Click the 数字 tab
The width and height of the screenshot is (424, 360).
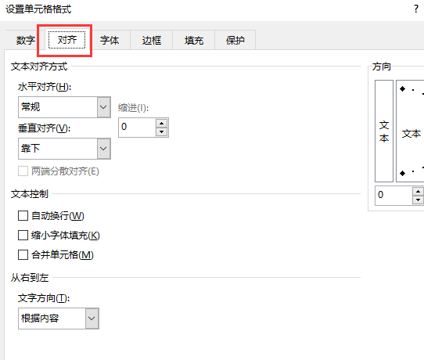25,40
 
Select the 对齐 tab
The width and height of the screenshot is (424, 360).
66,40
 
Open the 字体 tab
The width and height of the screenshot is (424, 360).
110,40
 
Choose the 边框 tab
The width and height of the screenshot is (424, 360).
152,40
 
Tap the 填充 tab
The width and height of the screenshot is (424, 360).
193,40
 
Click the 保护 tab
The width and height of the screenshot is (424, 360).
235,40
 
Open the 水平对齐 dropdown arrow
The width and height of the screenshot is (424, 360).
103,107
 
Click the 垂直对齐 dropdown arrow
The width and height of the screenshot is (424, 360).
103,149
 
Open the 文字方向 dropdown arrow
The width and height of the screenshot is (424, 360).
92,319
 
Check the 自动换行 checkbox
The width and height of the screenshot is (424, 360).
23,216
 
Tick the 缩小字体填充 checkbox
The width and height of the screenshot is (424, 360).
23,236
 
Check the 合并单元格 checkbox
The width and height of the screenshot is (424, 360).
23,255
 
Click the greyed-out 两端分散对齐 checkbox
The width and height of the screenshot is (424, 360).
23,171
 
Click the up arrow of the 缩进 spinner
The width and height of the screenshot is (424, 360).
162,124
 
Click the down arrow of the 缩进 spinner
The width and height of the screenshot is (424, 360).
162,132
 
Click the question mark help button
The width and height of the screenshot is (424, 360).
416,9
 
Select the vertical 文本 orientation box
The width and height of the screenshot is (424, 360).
384,131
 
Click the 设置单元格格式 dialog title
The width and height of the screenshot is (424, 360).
38,9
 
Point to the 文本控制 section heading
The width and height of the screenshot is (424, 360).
30,194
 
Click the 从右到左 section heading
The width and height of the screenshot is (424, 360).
30,278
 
